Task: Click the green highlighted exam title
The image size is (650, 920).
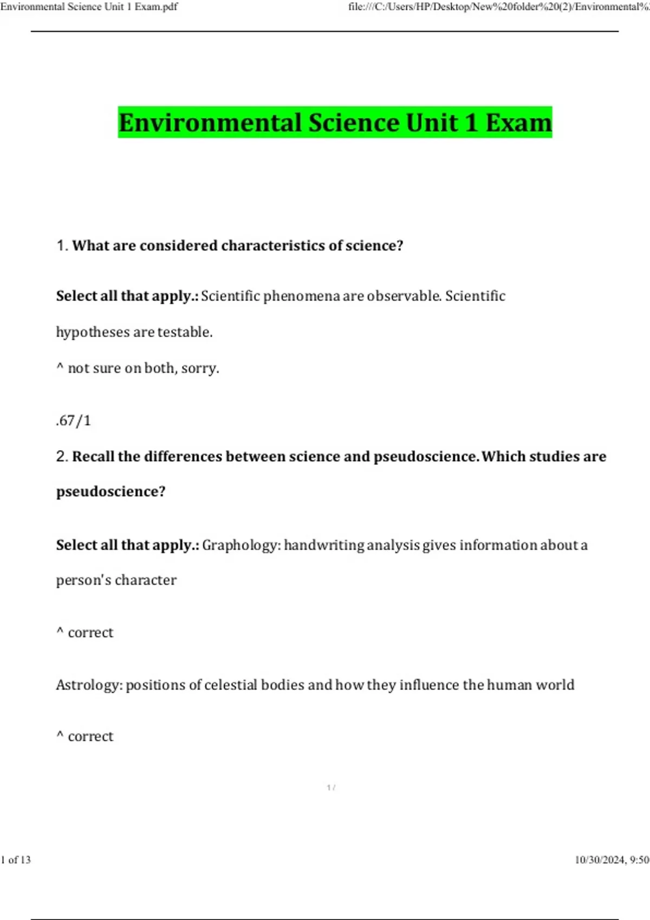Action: click(335, 122)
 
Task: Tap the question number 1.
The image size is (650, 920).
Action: click(61, 246)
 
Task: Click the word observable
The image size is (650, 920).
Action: click(404, 296)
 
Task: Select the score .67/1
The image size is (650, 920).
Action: click(73, 420)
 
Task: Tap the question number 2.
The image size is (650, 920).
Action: click(61, 457)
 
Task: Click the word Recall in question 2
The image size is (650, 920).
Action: click(93, 457)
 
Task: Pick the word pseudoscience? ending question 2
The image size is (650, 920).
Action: click(110, 491)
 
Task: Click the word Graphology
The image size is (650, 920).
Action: click(241, 545)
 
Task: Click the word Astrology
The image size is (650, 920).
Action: click(90, 685)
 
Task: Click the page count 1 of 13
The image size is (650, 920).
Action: click(16, 860)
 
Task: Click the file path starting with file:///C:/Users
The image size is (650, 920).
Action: click(498, 7)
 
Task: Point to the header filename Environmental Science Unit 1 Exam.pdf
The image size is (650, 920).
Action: click(89, 7)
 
